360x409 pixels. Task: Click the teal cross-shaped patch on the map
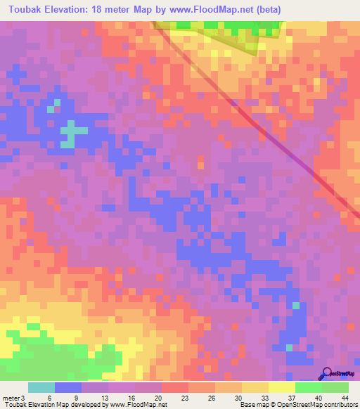(x=69, y=132)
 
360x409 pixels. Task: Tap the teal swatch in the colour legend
(x=41, y=387)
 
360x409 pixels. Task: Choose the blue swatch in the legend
(x=68, y=387)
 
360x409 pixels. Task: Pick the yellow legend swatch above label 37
(x=282, y=387)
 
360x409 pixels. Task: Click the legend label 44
(x=343, y=398)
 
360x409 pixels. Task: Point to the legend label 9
(x=76, y=398)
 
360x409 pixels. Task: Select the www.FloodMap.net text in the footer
(x=134, y=405)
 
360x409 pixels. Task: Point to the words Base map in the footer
(x=252, y=405)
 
